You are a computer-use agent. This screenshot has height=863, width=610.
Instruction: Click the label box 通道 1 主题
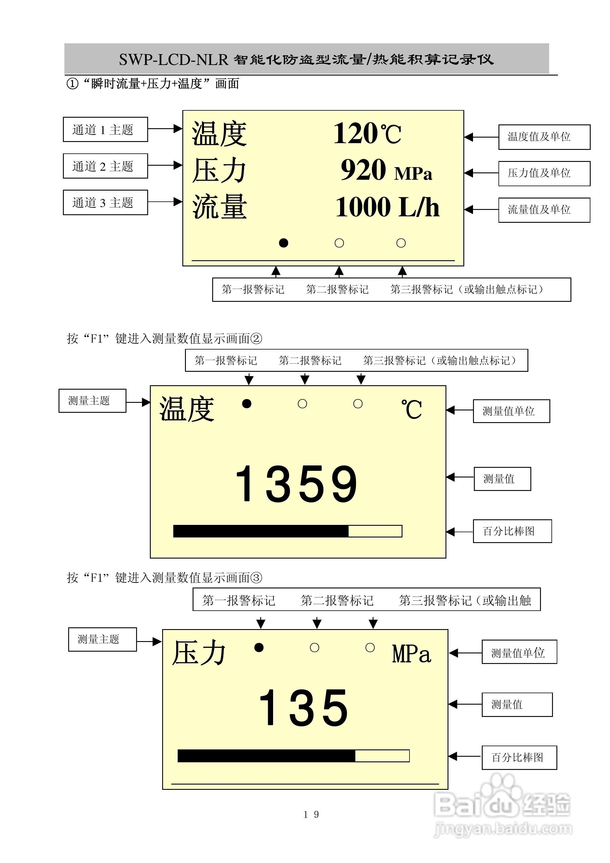point(105,130)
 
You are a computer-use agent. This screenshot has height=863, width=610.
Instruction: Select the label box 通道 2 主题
point(105,166)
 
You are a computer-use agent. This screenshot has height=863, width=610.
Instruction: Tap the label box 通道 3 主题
point(105,203)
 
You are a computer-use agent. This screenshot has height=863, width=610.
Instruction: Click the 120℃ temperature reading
point(367,133)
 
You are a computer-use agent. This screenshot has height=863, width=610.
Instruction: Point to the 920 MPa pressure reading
point(386,171)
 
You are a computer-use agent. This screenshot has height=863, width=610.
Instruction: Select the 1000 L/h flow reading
point(387,207)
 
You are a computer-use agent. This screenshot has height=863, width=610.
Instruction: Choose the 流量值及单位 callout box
point(544,210)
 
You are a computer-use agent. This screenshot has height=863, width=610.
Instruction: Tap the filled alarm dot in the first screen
point(284,243)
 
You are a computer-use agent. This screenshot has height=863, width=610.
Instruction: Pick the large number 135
point(304,708)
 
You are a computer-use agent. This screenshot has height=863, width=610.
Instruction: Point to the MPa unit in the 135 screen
point(411,654)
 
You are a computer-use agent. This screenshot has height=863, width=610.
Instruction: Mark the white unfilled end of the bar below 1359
point(375,531)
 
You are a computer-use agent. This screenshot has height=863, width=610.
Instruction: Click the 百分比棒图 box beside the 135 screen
point(519,757)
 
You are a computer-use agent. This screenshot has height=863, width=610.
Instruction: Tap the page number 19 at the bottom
point(311,814)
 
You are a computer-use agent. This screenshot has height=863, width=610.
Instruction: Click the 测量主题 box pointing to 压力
point(102,639)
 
